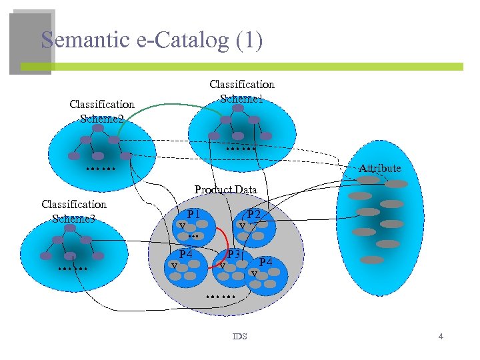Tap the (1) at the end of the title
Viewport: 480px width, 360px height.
point(249,41)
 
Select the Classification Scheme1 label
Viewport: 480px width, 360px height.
point(241,91)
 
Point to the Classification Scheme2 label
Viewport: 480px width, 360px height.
point(102,111)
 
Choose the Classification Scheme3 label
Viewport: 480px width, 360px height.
point(73,211)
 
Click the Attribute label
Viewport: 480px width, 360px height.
point(380,168)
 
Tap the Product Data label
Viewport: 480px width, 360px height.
point(225,189)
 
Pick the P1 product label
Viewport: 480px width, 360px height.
point(194,215)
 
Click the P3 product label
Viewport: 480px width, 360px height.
point(233,255)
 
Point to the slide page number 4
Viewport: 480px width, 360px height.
point(441,337)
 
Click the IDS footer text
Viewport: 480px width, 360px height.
point(239,337)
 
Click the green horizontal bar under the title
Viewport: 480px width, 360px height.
point(240,67)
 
